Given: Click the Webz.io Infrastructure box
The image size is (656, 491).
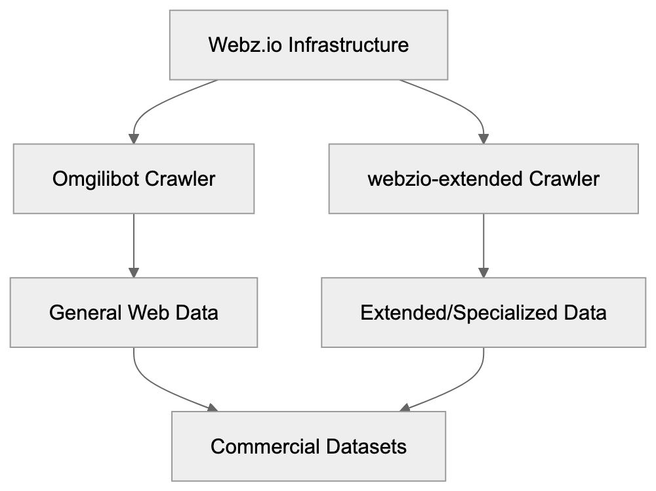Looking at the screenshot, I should pyautogui.click(x=308, y=45).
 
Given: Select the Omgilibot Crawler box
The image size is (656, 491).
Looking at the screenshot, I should pyautogui.click(x=134, y=179).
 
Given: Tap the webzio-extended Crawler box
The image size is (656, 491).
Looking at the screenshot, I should pyautogui.click(x=483, y=179).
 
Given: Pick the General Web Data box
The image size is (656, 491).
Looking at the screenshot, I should pyautogui.click(x=134, y=312).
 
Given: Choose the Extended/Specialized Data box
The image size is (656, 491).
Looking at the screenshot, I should pyautogui.click(x=483, y=312).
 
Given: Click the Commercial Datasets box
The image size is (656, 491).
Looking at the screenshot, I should pyautogui.click(x=308, y=447).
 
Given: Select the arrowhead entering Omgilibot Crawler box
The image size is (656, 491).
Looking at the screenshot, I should pyautogui.click(x=134, y=139).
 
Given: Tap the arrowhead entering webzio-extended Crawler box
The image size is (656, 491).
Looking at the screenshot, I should pyautogui.click(x=483, y=139).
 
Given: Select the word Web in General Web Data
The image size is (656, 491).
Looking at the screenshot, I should pyautogui.click(x=150, y=312).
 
